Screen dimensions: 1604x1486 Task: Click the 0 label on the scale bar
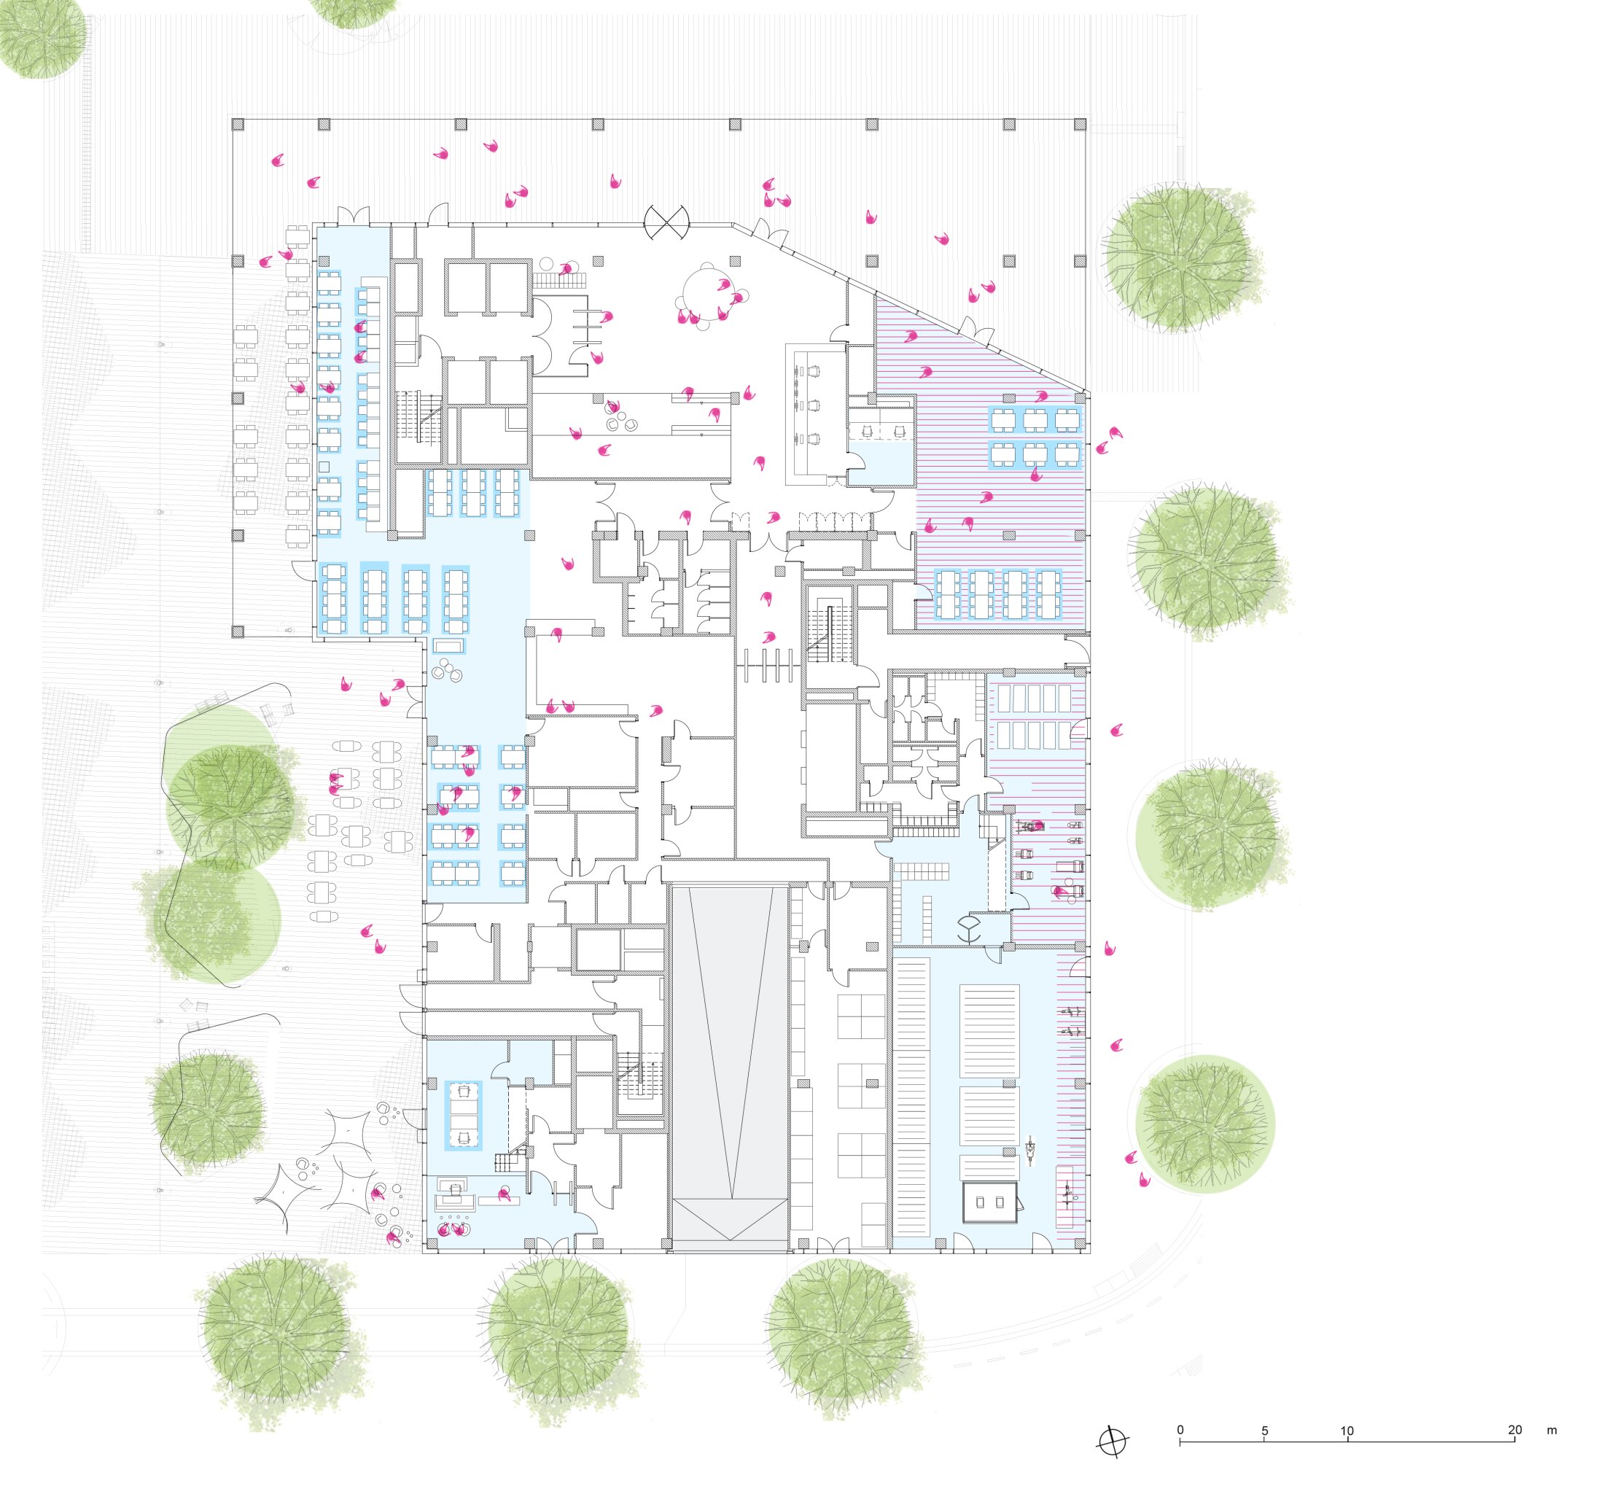tap(1180, 1430)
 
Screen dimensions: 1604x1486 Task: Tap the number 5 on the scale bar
tap(1264, 1431)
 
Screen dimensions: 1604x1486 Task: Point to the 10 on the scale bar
tap(1347, 1431)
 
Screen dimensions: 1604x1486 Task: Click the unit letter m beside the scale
tap(1552, 1431)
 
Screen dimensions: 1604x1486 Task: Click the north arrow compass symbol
tap(1113, 1442)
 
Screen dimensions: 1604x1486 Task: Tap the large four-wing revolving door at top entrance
tap(666, 222)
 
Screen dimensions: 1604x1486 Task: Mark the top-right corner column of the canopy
tap(1080, 124)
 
